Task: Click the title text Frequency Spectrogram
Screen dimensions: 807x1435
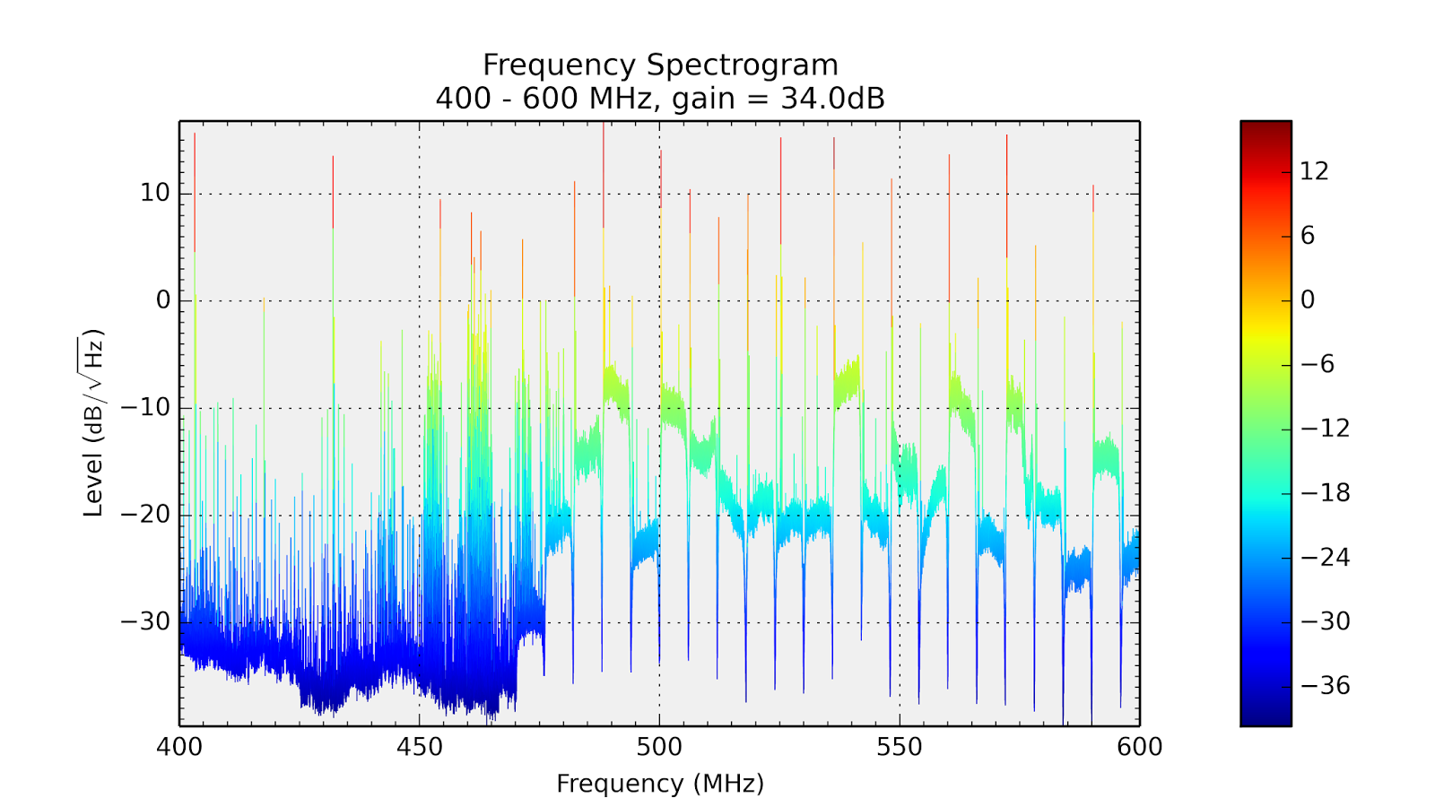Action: [x=660, y=65]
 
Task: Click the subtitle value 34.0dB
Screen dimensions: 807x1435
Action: [x=832, y=98]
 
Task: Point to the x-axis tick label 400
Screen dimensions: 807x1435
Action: [x=179, y=747]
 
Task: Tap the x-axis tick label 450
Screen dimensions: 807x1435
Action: [x=420, y=747]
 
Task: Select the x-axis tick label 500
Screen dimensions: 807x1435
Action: [x=659, y=747]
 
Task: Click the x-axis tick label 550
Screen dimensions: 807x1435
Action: [x=900, y=747]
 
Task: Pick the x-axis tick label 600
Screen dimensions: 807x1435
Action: [x=1140, y=747]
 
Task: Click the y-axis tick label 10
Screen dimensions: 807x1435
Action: [x=154, y=193]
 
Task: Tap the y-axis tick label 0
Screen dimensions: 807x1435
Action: [x=162, y=300]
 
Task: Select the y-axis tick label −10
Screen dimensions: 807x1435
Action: [x=145, y=408]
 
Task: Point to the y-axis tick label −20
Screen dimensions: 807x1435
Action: [x=145, y=515]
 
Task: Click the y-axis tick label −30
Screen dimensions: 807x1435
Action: [x=145, y=621]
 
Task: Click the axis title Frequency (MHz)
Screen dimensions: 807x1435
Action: [x=660, y=784]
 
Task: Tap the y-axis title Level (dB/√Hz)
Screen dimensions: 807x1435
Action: [x=93, y=423]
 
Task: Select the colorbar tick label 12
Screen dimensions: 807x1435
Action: [x=1314, y=171]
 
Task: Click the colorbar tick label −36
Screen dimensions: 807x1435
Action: [x=1324, y=686]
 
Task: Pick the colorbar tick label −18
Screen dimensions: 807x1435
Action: [x=1324, y=492]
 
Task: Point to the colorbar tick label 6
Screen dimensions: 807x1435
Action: [x=1308, y=236]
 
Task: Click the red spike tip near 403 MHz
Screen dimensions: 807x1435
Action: [x=195, y=136]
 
